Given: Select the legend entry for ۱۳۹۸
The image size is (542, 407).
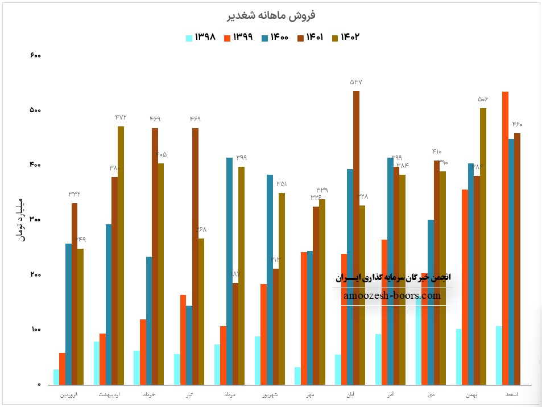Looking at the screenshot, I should tap(200, 38).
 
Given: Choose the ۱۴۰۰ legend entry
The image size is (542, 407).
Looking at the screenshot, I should tap(274, 38).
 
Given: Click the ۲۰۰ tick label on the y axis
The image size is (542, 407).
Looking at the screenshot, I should tap(35, 275).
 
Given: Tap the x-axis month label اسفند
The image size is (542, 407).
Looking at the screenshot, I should tap(515, 394).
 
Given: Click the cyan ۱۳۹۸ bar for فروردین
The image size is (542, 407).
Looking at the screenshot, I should tap(56, 377).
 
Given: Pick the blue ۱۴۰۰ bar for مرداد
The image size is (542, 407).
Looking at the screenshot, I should tap(229, 271).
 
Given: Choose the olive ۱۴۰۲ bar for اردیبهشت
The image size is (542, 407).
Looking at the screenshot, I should tap(121, 256).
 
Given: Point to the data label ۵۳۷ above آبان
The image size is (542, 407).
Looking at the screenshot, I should tap(356, 83).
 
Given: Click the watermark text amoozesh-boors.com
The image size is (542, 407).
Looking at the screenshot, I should tap(392, 296).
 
